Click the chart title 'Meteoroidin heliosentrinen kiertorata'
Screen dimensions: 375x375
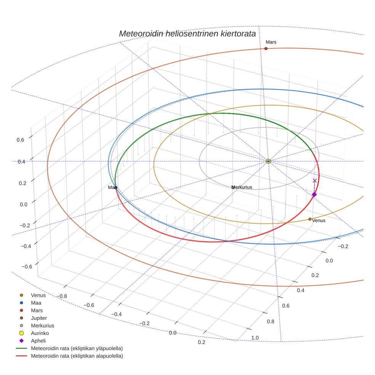click(x=187, y=34)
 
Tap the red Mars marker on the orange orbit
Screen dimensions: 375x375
click(x=266, y=48)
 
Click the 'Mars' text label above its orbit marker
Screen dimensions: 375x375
click(x=271, y=42)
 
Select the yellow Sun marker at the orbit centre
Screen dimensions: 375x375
click(x=268, y=161)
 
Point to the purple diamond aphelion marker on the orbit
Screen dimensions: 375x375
click(x=314, y=194)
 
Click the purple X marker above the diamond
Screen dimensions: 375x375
click(x=315, y=181)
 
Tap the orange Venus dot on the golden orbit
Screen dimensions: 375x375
click(x=310, y=219)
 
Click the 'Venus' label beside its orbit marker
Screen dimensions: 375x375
click(x=319, y=220)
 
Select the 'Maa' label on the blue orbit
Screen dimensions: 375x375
click(x=112, y=187)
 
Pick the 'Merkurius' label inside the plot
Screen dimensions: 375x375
click(x=242, y=187)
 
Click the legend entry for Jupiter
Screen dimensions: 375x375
click(x=39, y=318)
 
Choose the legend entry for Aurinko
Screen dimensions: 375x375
click(x=40, y=333)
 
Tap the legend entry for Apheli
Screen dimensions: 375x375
click(x=38, y=341)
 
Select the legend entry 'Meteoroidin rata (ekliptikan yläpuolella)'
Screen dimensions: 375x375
click(x=77, y=348)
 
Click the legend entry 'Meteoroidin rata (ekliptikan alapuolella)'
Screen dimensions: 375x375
click(x=77, y=356)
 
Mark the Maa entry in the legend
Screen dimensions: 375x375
click(x=36, y=303)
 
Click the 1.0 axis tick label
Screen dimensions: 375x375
click(x=255, y=338)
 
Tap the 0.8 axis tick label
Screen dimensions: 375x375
click(x=271, y=321)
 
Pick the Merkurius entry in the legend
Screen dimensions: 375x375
click(x=42, y=325)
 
